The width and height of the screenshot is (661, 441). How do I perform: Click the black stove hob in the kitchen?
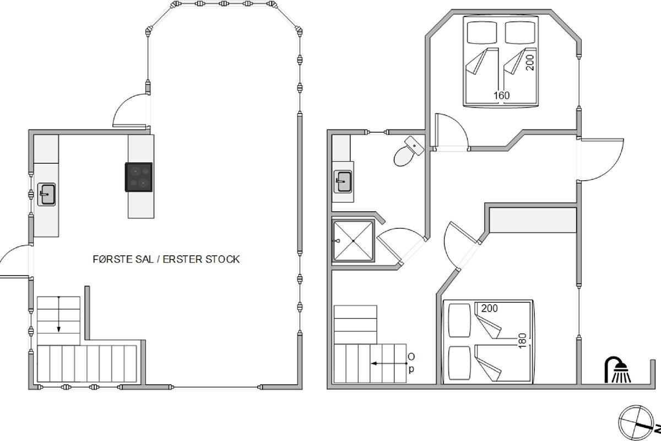point(139,177)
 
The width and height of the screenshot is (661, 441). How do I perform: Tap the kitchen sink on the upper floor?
point(47,195)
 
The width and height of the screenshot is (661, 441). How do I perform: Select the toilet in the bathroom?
point(408,151)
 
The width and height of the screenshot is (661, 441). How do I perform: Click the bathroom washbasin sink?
point(343,182)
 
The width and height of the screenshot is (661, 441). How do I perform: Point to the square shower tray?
point(353,241)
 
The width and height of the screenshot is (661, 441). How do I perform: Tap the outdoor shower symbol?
point(617,369)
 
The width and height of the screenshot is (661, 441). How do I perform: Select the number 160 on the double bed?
point(502,95)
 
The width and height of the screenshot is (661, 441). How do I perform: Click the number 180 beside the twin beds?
point(522,341)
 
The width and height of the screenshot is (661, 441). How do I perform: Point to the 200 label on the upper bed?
point(530,63)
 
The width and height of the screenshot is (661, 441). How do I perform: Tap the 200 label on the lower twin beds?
point(489,308)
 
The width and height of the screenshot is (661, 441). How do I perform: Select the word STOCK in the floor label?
point(223,259)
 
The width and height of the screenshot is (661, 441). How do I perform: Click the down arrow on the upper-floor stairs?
point(59,314)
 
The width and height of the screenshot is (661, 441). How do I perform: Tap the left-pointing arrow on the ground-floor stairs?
point(389,363)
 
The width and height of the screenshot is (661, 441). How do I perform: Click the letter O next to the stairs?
point(411,357)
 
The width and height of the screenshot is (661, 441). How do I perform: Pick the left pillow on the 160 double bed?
point(482,33)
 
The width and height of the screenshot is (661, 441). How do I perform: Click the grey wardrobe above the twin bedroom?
point(533,220)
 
